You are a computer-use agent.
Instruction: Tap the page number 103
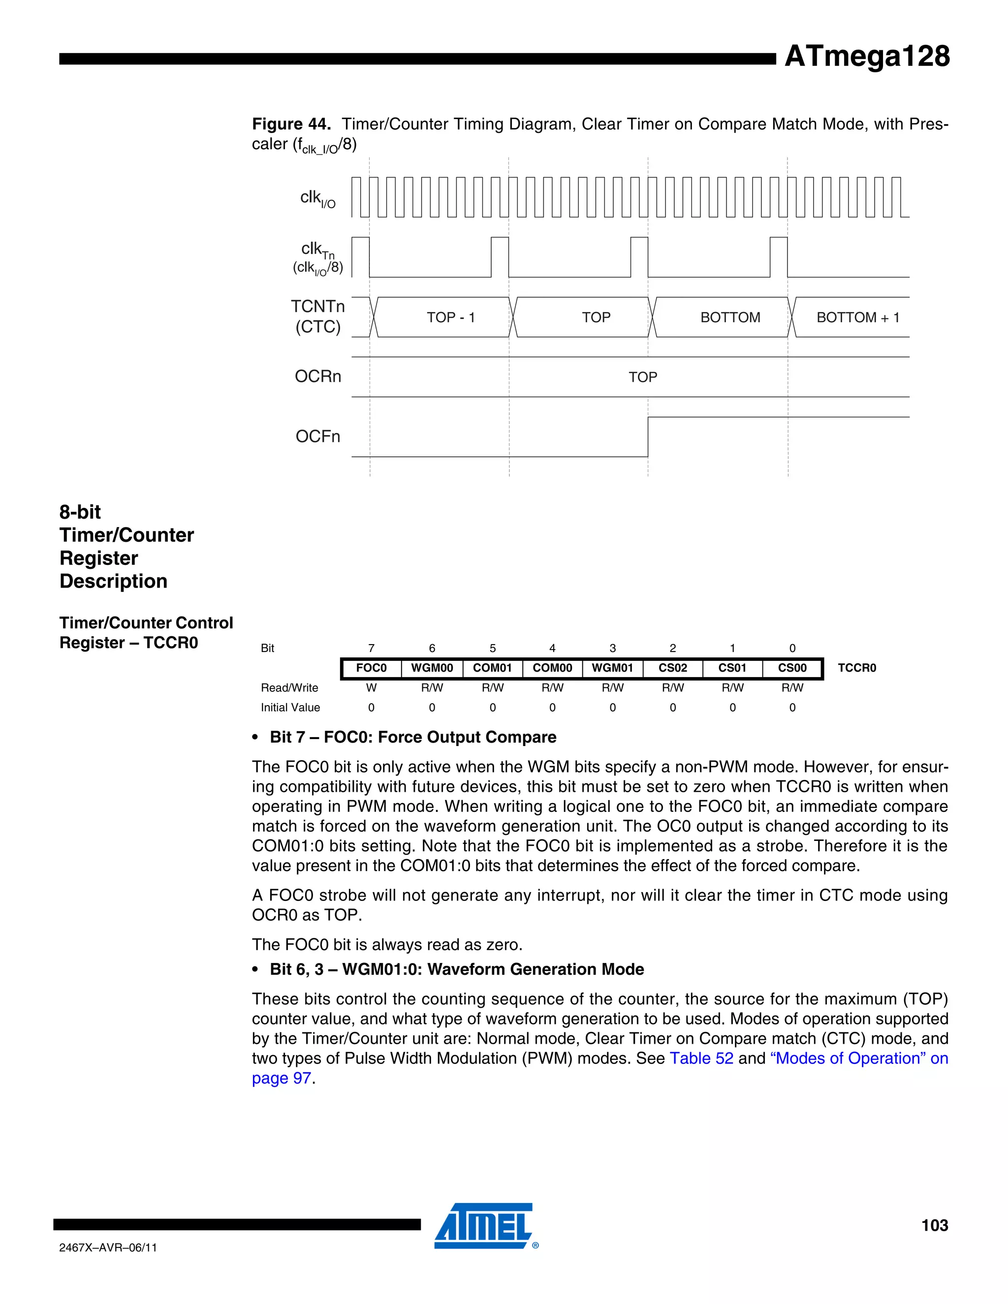(x=934, y=1225)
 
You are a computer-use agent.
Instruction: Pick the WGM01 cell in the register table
(x=612, y=668)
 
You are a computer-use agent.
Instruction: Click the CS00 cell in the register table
(x=792, y=668)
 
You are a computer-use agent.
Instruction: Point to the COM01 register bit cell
(x=492, y=668)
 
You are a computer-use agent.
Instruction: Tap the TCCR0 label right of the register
(x=856, y=668)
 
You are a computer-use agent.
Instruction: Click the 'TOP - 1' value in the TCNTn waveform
(x=451, y=318)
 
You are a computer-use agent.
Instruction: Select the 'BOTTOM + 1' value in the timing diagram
(x=857, y=318)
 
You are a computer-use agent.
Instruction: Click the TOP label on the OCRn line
(x=642, y=377)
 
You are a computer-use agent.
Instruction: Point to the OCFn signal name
(x=317, y=436)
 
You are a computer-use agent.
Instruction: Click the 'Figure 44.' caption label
(x=291, y=124)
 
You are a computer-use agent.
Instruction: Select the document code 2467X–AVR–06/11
(x=108, y=1247)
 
